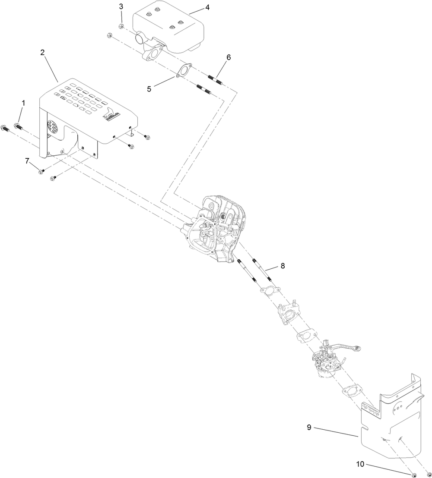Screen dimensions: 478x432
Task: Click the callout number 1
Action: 23,103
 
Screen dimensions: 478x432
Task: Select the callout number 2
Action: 42,52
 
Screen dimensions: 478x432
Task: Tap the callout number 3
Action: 121,6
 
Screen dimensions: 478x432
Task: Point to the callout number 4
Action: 207,8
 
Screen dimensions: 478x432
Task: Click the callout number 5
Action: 149,89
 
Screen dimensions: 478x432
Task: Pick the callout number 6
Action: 229,57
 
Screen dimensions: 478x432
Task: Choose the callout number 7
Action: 27,161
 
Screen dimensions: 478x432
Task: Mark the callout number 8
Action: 283,266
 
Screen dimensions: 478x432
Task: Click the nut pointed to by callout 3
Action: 123,26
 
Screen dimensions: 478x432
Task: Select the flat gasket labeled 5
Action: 184,70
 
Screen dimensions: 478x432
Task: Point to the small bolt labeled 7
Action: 41,172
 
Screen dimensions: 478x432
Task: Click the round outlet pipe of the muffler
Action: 141,39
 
